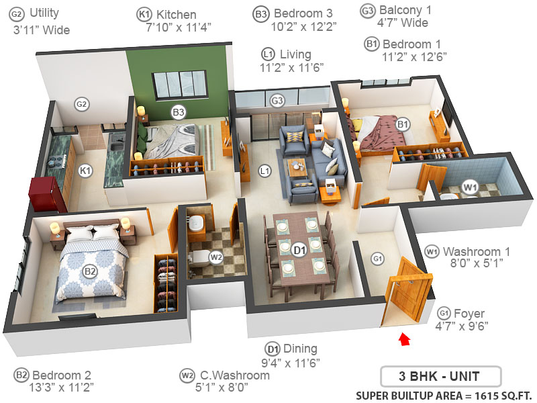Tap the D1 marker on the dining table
(x=300, y=250)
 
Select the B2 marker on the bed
(x=89, y=271)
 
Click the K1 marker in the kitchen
(x=85, y=171)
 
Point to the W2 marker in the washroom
(x=215, y=256)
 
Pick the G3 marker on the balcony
(x=277, y=101)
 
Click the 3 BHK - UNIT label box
(x=440, y=375)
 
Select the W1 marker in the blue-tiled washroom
(x=470, y=186)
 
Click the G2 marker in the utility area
(x=82, y=104)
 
